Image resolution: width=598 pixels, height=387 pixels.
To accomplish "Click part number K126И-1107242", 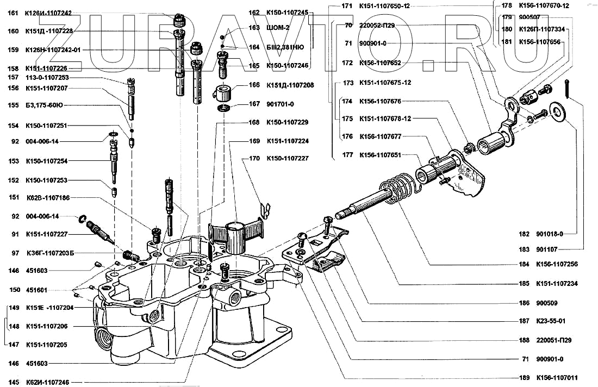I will pyautogui.click(x=48, y=14).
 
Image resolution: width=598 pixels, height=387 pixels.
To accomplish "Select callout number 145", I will pyautogui.click(x=14, y=382).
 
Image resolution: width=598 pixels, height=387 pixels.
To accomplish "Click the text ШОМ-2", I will pyautogui.click(x=278, y=27).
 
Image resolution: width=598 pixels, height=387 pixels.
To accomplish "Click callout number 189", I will pyautogui.click(x=524, y=378).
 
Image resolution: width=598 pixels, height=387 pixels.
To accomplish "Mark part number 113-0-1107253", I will pyautogui.click(x=47, y=77).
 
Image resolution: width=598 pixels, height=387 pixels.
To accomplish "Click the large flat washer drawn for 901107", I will pyautogui.click(x=557, y=109).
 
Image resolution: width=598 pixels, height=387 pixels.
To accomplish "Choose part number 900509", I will pyautogui.click(x=546, y=303).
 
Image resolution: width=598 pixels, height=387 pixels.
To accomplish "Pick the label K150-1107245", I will pyautogui.click(x=286, y=12).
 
